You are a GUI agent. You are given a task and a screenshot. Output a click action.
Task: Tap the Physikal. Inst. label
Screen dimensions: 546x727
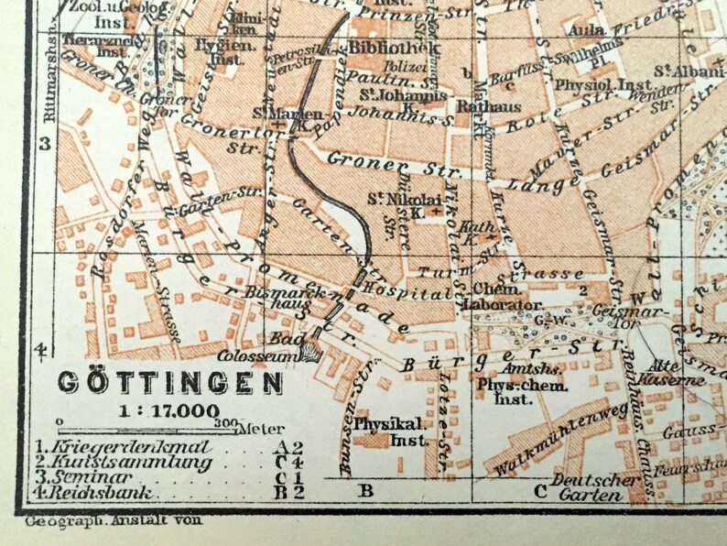(x=389, y=432)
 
